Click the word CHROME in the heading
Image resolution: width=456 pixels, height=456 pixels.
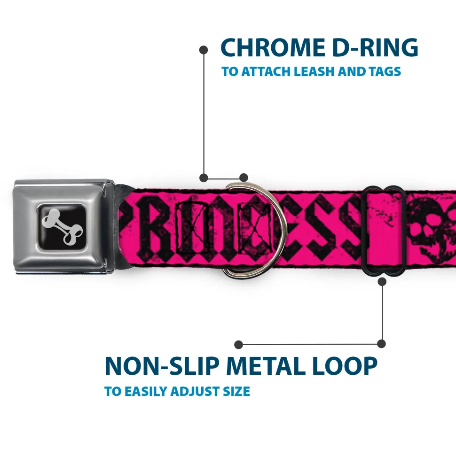(x=273, y=47)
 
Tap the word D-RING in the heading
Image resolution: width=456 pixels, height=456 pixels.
(x=375, y=47)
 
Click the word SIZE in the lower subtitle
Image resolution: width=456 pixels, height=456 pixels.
(x=236, y=391)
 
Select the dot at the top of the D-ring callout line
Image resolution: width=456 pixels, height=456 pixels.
(x=204, y=50)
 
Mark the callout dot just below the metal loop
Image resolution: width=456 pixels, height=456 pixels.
(x=382, y=281)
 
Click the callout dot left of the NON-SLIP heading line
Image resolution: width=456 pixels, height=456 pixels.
(x=238, y=345)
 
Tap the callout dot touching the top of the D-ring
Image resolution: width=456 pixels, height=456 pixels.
(x=244, y=178)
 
